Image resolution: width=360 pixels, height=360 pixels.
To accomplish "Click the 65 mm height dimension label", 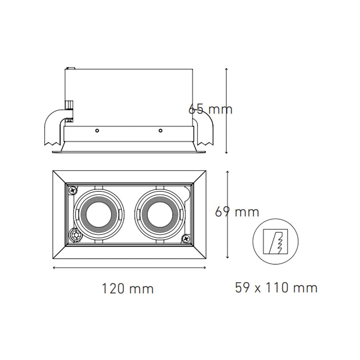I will [211, 108].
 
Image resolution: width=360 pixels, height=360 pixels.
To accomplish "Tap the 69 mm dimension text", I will [237, 212].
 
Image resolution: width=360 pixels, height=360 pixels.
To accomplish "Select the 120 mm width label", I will [127, 288].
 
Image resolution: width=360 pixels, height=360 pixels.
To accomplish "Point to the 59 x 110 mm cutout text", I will [276, 288].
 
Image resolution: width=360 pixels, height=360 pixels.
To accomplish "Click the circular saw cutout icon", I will [276, 241].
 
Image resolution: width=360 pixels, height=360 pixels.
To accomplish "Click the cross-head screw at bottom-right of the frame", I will [186, 238].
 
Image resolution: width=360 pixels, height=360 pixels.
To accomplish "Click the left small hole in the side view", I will [97, 130].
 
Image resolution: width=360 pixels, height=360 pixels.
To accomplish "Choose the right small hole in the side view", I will [161, 130].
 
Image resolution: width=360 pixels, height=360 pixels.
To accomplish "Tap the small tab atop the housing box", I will [70, 68].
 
